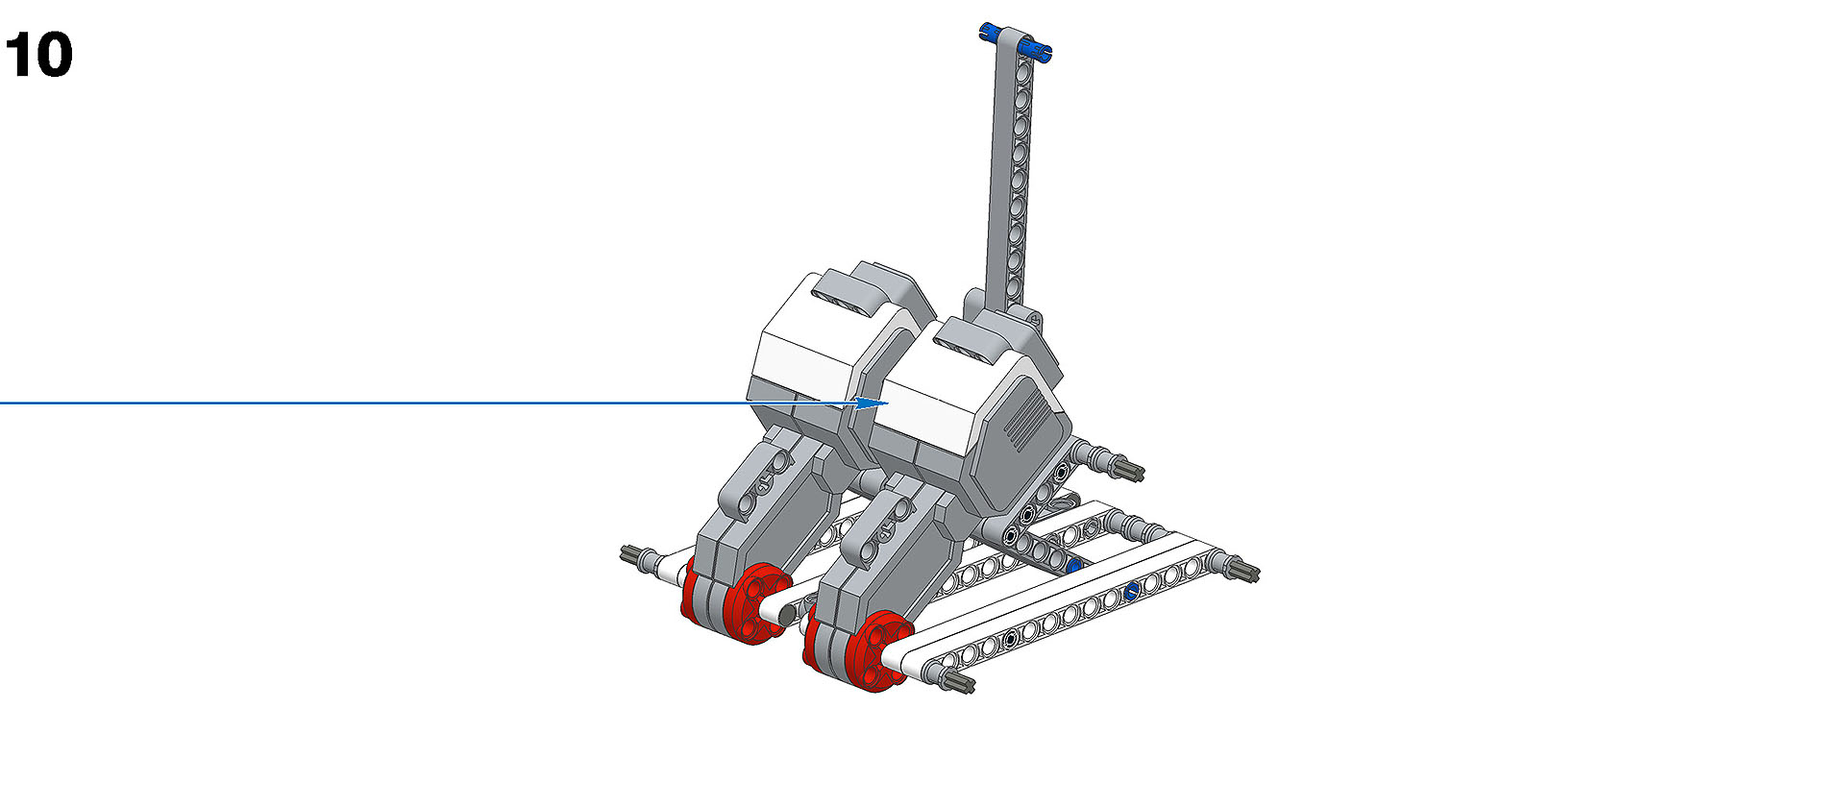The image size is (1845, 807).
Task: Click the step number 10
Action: pyautogui.click(x=39, y=55)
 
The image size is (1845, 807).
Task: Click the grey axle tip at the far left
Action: pyautogui.click(x=634, y=554)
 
